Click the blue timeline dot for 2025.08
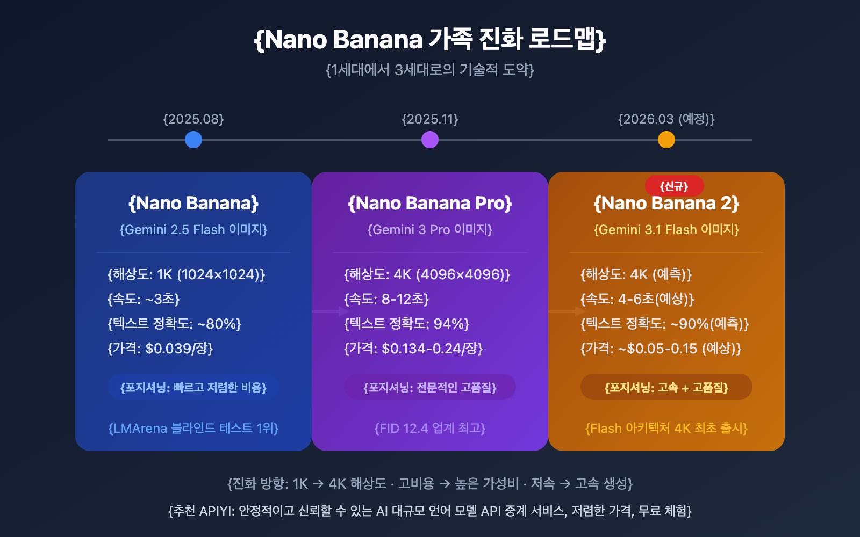(193, 140)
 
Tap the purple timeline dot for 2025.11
(430, 140)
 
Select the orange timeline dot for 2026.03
(666, 140)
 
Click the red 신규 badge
(674, 186)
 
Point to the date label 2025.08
(193, 119)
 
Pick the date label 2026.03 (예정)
(666, 119)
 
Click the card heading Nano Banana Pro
(430, 203)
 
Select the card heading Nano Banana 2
(666, 203)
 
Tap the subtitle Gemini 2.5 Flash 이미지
(193, 229)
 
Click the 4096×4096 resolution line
(427, 274)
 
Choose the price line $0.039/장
(160, 349)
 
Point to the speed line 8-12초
(386, 299)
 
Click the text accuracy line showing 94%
(407, 324)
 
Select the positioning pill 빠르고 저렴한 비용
(193, 387)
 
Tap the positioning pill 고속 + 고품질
(666, 387)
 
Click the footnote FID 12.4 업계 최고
(430, 428)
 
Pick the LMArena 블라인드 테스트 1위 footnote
(193, 428)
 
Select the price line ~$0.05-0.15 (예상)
(661, 349)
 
